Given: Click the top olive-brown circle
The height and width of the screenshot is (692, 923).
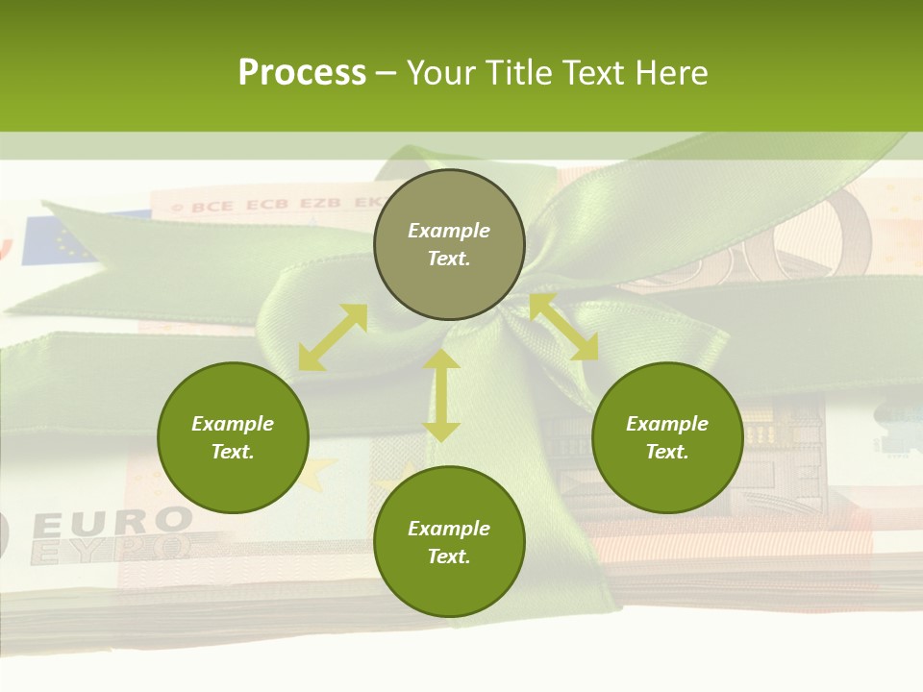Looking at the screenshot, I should coord(449,245).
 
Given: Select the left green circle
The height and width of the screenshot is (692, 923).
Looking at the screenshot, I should coord(233,437).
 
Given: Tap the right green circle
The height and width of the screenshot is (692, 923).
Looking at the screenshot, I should coord(667,437).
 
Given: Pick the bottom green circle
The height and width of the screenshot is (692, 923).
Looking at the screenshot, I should coord(449,542).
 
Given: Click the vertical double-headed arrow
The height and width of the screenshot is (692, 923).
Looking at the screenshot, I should coord(441,395).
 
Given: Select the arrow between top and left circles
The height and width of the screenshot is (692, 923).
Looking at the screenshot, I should coord(333,337).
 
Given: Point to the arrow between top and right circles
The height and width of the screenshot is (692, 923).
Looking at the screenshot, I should coord(563,328).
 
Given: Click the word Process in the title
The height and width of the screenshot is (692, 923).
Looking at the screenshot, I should coord(302,72).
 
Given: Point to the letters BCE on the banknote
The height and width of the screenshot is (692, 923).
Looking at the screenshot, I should coord(212,206).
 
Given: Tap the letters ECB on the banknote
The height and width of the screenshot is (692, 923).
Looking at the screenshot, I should coord(266,205).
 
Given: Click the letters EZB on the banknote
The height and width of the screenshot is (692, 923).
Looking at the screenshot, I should coord(321,204).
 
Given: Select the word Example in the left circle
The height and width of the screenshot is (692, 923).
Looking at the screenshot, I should coord(233,424).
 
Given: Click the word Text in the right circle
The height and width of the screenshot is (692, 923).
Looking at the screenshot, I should coord(667,452).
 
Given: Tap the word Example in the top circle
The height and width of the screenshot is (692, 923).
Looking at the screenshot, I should coord(449,231).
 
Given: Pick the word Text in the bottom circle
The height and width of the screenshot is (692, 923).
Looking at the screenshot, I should coord(449,556).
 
